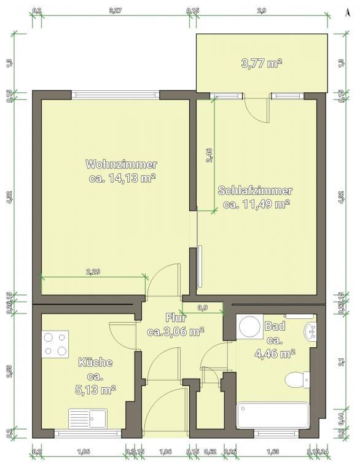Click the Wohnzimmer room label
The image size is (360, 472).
[122, 165]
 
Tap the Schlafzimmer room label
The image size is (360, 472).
[255, 191]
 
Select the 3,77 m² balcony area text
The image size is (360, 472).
[262, 62]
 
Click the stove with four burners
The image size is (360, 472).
[55, 344]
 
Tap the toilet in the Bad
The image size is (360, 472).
[299, 380]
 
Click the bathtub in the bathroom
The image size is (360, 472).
[273, 415]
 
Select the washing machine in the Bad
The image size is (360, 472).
[249, 326]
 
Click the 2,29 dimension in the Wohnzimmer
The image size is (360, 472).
[93, 271]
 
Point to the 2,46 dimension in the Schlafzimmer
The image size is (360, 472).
[209, 155]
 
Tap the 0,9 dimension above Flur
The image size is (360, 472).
[202, 307]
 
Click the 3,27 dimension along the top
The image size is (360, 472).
[114, 10]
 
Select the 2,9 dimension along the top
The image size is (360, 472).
[262, 10]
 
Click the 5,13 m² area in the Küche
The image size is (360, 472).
[95, 389]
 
